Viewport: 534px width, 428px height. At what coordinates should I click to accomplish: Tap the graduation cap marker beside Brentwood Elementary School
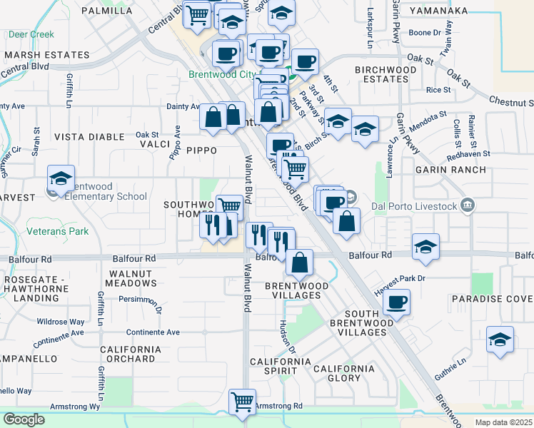coord(61,178)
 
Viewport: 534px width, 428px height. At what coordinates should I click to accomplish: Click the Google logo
coord(24,419)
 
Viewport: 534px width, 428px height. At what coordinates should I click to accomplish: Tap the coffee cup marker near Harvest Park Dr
coord(396,301)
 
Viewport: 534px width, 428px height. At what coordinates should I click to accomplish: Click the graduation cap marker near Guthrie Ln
coord(500,340)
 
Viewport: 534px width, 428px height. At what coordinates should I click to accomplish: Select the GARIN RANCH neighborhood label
coord(453,170)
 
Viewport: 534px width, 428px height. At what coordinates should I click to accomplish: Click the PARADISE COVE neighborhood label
coord(492,298)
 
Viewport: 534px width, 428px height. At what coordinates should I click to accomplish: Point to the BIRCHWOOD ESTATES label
coord(386,74)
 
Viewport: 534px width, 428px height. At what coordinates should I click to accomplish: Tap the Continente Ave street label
coord(153,332)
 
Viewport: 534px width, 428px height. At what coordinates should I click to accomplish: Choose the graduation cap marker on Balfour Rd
coord(426,247)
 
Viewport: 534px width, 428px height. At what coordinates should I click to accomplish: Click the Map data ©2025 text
coord(503,422)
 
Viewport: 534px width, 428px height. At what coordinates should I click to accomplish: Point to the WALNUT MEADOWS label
coord(131,278)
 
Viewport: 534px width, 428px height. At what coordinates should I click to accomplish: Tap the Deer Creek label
coord(31,34)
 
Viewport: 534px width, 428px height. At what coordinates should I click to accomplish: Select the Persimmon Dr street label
coord(141,300)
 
